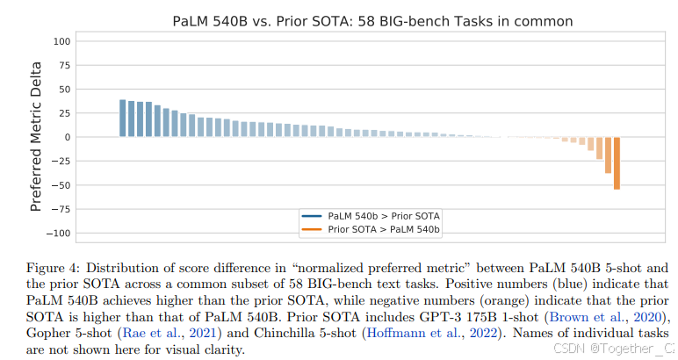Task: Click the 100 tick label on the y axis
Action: tap(61, 41)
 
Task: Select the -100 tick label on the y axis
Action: tap(59, 233)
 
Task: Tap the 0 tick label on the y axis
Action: tap(66, 137)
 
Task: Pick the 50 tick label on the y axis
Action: tap(63, 90)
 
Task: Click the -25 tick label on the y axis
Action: tap(61, 161)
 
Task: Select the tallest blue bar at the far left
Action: tap(123, 119)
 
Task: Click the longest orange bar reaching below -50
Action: tap(617, 162)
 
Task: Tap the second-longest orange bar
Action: tap(608, 155)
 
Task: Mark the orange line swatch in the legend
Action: tap(312, 228)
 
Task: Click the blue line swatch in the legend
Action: tap(312, 215)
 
